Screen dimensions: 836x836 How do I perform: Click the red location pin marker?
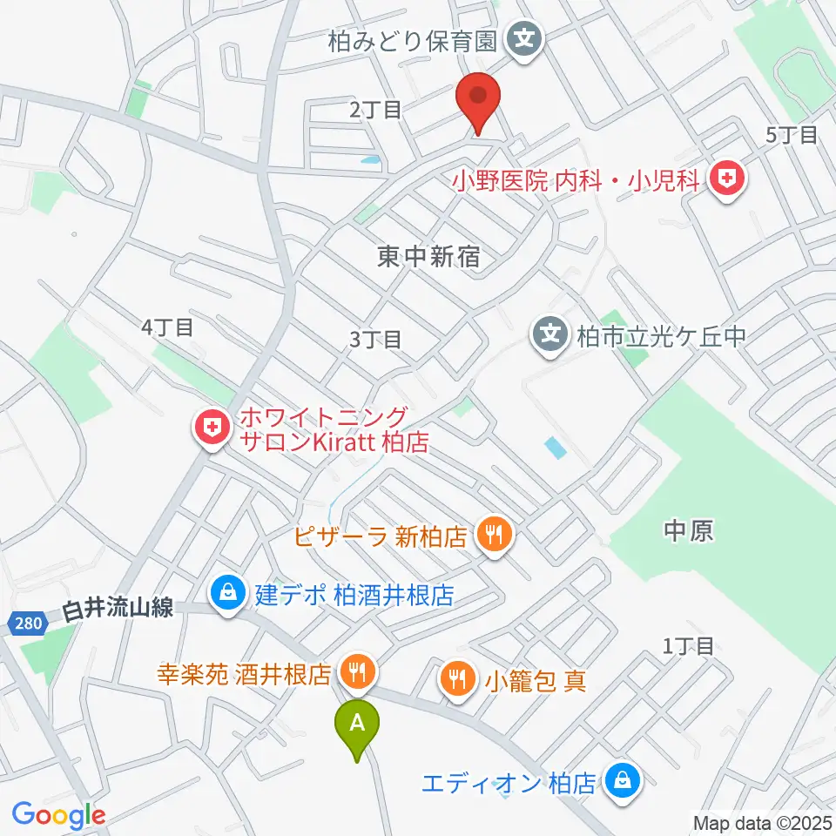[x=478, y=102]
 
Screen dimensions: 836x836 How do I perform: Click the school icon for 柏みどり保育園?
[x=524, y=39]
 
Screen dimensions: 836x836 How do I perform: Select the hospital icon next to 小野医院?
[x=725, y=180]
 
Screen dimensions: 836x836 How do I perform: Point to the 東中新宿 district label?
[x=429, y=256]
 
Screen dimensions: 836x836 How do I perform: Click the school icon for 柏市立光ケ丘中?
[x=550, y=334]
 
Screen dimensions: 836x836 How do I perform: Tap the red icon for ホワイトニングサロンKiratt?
[x=211, y=428]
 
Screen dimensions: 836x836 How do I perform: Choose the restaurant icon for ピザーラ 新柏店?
[x=496, y=535]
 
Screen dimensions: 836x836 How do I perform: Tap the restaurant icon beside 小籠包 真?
[x=457, y=678]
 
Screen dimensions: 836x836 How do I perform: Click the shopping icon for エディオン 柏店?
[x=624, y=781]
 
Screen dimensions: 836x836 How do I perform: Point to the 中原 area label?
[x=688, y=531]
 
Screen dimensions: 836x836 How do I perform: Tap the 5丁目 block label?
[x=792, y=135]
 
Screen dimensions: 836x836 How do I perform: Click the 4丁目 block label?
[x=166, y=327]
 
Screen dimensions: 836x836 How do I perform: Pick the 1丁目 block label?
[x=688, y=645]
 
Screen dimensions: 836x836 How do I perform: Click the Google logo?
[x=57, y=816]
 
